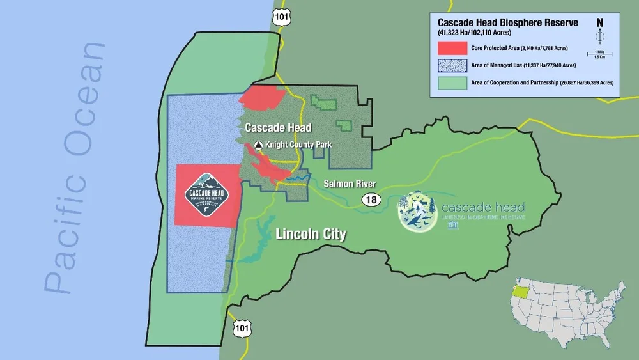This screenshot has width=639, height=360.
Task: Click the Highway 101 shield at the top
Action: (279, 18)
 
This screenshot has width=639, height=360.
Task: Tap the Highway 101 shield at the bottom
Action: (241, 329)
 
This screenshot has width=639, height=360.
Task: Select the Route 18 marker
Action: (371, 200)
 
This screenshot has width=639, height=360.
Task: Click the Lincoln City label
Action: (311, 234)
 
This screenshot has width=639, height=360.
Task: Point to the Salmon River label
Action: (349, 184)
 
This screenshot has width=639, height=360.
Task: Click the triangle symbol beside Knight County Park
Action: (259, 145)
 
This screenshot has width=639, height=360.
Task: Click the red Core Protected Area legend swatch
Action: (452, 49)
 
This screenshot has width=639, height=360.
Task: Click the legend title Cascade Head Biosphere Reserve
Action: (508, 22)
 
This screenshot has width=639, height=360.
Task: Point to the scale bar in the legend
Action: (600, 54)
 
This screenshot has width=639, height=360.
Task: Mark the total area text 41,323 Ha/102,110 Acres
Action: (479, 32)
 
